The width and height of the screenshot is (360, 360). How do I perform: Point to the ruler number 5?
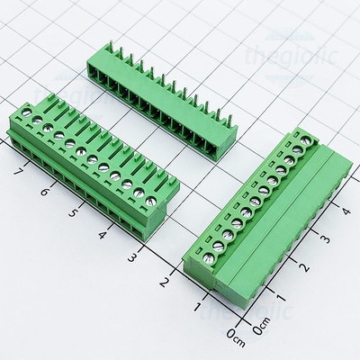(72, 214)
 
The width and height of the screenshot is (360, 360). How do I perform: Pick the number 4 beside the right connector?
(346, 211)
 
